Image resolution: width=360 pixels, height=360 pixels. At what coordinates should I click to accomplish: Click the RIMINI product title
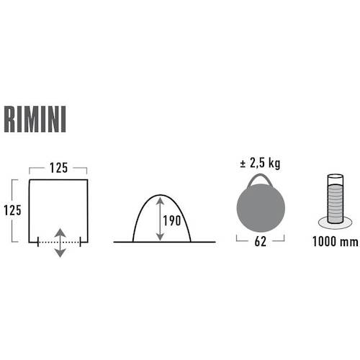click(35, 120)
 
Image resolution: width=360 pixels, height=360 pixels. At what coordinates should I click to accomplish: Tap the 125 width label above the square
click(58, 168)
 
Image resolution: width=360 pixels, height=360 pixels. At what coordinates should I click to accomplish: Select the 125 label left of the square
click(12, 210)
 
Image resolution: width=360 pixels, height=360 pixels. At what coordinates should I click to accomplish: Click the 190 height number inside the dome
click(172, 220)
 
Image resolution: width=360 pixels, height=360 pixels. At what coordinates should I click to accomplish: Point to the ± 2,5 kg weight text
click(260, 163)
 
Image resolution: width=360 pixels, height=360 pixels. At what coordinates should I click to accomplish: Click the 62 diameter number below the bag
click(261, 241)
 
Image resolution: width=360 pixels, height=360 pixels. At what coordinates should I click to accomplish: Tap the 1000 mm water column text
click(336, 241)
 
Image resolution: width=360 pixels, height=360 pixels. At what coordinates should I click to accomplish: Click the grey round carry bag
click(261, 207)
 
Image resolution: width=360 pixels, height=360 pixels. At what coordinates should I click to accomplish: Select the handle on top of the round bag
click(261, 179)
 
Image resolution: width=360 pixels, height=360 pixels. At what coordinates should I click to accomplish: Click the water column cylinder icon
click(336, 199)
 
